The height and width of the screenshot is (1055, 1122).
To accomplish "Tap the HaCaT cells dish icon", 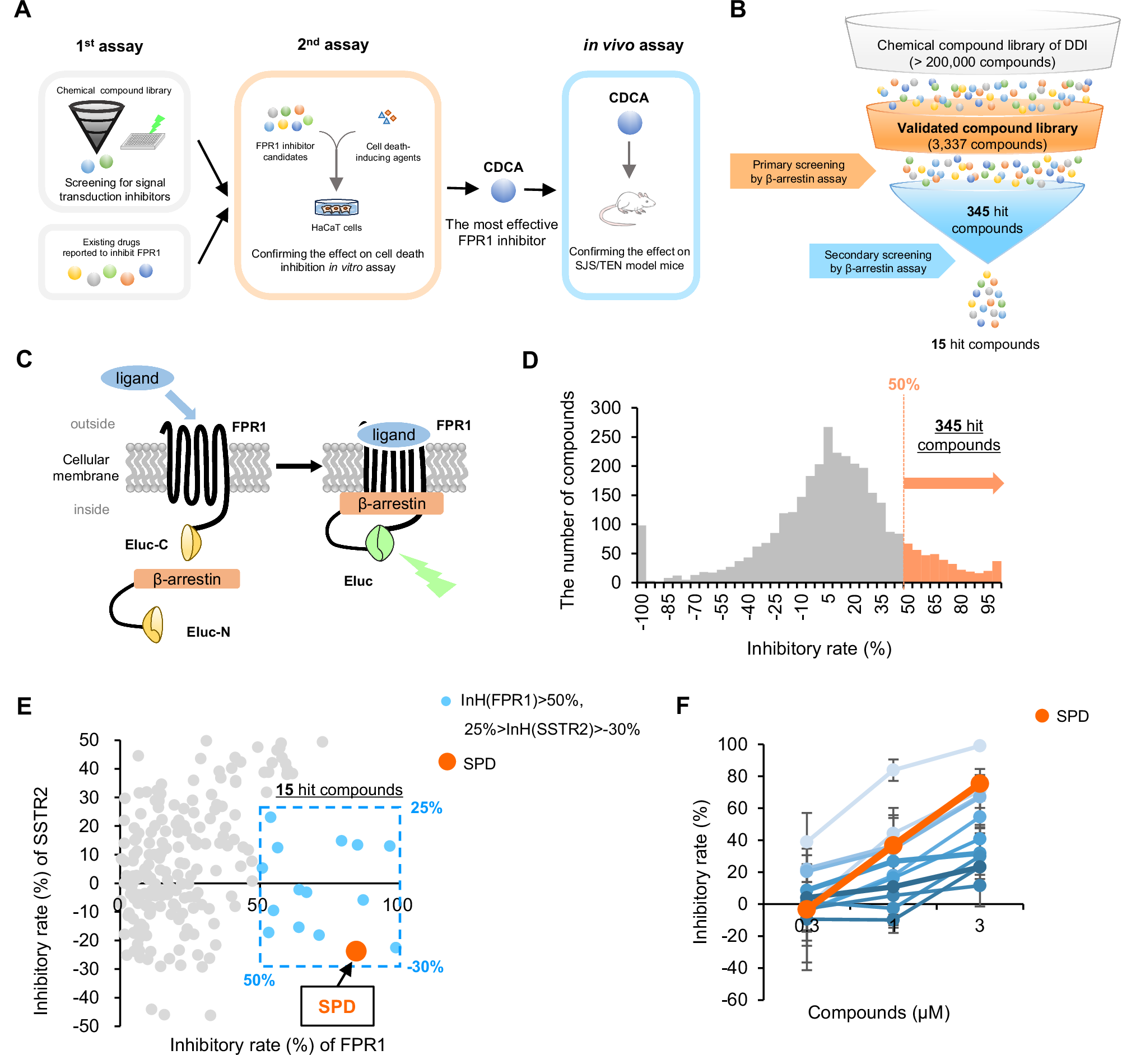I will point(336,208).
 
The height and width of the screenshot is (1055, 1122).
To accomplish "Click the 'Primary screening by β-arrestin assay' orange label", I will point(799,171).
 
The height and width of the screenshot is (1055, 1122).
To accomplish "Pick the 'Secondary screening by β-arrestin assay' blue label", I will point(878,262).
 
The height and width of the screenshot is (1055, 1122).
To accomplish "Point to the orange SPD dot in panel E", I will point(356,951).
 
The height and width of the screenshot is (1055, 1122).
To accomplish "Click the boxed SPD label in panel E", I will point(337,1006).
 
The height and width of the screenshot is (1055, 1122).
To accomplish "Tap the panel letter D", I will point(530,360).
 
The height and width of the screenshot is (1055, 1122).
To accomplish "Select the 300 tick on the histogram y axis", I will point(606,407).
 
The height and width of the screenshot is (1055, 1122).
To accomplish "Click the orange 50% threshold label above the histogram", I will point(904,385).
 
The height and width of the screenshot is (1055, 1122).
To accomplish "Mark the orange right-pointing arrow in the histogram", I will point(953,483).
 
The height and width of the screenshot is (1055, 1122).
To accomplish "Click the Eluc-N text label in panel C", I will point(208,632).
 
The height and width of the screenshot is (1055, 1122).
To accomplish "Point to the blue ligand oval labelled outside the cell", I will point(137,378).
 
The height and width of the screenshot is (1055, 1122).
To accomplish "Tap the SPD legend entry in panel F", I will point(1061,716).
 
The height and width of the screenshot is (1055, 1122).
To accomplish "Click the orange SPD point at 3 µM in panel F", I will point(980,783).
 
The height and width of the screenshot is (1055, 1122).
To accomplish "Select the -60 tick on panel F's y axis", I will point(734,1000).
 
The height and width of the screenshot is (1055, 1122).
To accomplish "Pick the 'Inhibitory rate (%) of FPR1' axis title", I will point(278,1044).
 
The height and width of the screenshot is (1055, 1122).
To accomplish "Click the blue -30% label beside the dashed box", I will point(426,967).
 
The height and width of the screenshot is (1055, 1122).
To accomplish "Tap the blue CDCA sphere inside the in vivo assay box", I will point(629,123).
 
